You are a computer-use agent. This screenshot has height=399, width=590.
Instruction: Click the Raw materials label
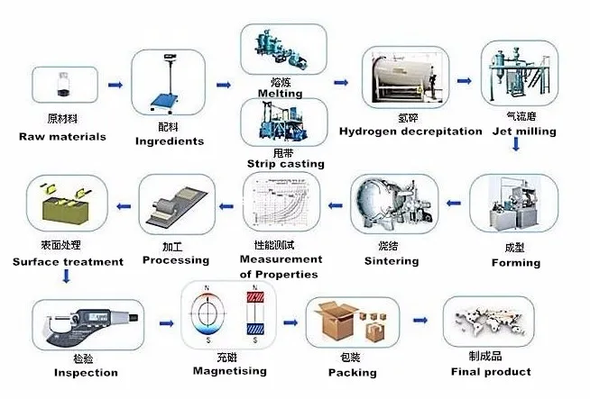(x=62, y=137)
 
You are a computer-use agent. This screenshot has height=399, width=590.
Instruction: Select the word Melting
(x=280, y=93)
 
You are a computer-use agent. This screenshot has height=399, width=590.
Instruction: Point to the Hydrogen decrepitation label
(x=410, y=131)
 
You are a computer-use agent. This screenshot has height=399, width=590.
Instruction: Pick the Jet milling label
(x=524, y=131)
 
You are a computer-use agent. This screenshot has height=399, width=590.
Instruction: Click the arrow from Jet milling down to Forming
(x=515, y=147)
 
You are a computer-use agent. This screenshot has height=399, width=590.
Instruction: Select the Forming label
(x=515, y=263)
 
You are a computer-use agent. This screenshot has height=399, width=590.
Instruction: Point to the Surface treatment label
(x=68, y=262)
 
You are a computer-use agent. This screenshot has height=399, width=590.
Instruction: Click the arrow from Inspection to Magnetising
(x=165, y=322)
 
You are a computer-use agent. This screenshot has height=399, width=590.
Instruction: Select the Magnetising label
(x=229, y=371)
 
